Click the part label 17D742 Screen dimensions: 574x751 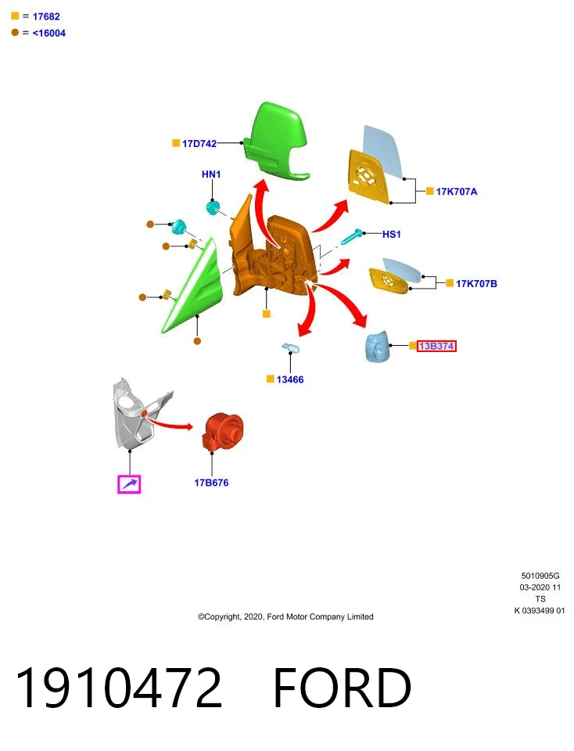(x=199, y=143)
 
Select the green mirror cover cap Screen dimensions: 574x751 (x=276, y=141)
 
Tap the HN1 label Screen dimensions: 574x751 (x=211, y=174)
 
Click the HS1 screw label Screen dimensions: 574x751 (x=392, y=234)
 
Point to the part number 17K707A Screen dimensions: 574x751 (x=457, y=192)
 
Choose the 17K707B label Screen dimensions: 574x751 (x=476, y=283)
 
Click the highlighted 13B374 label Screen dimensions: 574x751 (x=436, y=346)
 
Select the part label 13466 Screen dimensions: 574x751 (x=290, y=379)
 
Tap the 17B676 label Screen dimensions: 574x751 (x=211, y=483)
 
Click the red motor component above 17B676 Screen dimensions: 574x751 (x=224, y=432)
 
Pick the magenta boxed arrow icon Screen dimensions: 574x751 (x=129, y=484)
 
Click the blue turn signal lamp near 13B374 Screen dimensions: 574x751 (x=377, y=346)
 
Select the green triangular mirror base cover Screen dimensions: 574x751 (x=193, y=286)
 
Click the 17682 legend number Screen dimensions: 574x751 (x=46, y=16)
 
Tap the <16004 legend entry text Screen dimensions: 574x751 (x=48, y=33)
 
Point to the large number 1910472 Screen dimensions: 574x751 (x=119, y=688)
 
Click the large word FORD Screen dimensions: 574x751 (x=342, y=688)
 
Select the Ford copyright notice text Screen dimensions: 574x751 (x=285, y=617)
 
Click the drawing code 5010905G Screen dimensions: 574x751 (x=540, y=576)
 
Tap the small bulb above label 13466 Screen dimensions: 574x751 (x=290, y=347)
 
